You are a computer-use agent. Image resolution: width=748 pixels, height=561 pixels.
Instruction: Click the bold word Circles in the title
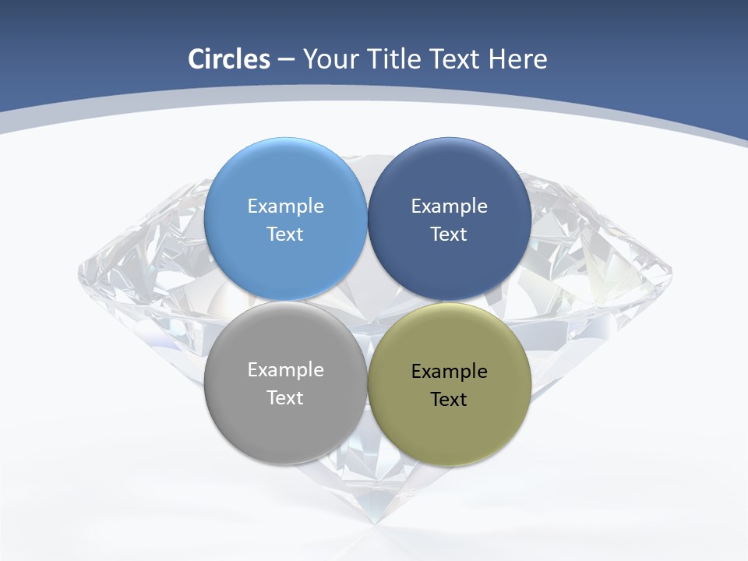[x=228, y=59]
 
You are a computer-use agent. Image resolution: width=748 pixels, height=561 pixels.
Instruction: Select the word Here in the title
[x=518, y=59]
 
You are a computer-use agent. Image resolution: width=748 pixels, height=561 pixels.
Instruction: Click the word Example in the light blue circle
[x=285, y=206]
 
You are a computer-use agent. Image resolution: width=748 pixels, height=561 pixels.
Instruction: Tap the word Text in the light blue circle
[x=285, y=235]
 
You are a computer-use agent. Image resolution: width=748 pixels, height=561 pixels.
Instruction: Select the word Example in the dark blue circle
[x=449, y=206]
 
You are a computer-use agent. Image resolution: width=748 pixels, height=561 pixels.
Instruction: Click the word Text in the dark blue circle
[x=449, y=235]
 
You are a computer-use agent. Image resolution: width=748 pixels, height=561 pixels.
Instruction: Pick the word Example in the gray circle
[x=285, y=370]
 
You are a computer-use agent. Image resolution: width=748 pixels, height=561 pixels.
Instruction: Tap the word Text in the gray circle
[x=285, y=398]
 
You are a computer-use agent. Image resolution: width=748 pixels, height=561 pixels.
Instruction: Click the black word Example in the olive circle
[x=449, y=372]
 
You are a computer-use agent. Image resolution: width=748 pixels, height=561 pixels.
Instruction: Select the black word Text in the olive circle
[x=449, y=400]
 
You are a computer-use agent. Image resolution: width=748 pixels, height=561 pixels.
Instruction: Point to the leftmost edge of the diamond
[x=79, y=273]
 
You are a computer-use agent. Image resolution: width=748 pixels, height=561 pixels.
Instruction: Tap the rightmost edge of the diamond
[x=672, y=273]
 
